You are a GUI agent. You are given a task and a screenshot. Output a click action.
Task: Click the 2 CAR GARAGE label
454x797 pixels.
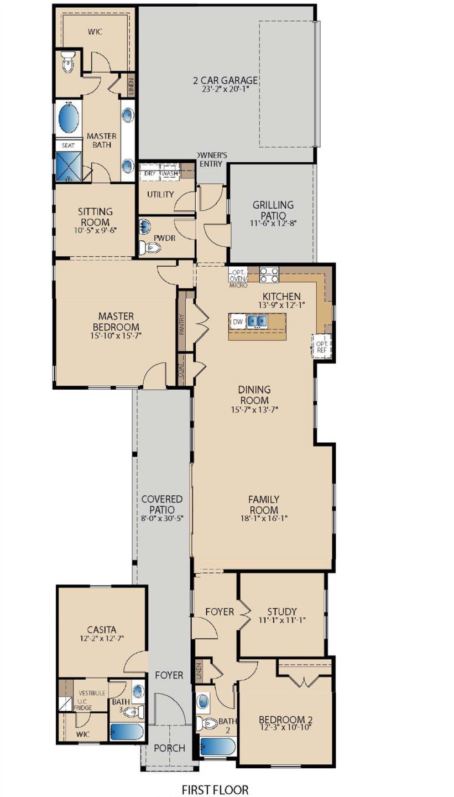click(226, 80)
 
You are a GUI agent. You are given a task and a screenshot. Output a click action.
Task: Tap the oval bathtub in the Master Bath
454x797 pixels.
click(69, 118)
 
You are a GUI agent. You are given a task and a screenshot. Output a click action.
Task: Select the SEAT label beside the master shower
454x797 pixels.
click(67, 145)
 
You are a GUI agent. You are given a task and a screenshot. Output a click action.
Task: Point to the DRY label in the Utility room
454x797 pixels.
click(150, 173)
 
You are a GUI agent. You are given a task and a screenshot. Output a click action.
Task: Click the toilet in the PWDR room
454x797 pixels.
click(149, 247)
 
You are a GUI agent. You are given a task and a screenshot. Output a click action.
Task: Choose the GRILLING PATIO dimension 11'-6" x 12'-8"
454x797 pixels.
click(273, 224)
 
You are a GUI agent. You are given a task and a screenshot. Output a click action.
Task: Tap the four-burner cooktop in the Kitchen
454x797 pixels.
click(269, 275)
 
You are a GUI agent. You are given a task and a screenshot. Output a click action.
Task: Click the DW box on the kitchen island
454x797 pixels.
click(238, 322)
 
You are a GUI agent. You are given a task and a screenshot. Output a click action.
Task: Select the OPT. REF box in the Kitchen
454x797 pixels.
click(321, 346)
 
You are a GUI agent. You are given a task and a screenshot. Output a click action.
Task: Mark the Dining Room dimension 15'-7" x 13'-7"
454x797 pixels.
click(254, 410)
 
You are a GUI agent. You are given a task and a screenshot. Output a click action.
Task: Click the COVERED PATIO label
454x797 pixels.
click(161, 504)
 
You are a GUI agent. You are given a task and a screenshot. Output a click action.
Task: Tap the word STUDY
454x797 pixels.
click(282, 612)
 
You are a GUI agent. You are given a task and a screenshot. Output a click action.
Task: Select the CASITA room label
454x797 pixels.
click(102, 629)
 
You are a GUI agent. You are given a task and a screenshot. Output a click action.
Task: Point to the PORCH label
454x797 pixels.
click(169, 748)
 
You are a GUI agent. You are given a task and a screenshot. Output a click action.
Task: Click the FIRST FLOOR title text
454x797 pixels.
click(215, 789)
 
